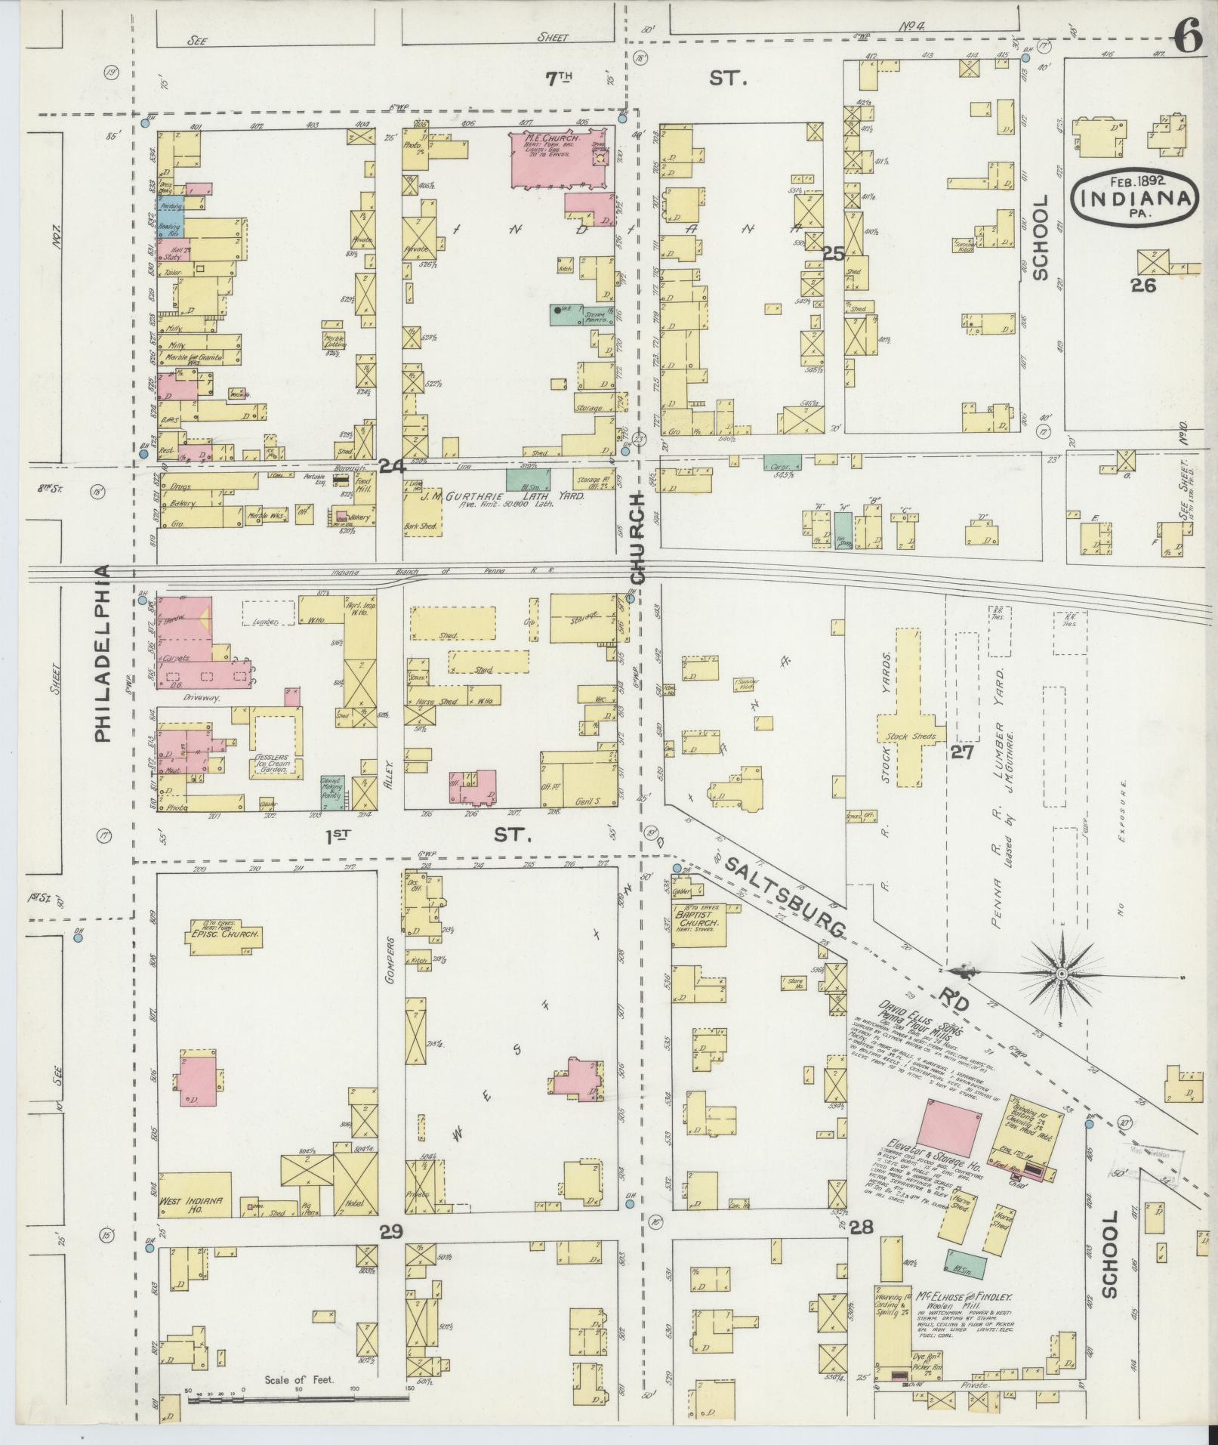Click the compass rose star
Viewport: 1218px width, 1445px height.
pos(1061,975)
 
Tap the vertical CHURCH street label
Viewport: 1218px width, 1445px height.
pos(638,537)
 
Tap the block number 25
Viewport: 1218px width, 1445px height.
pos(834,254)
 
